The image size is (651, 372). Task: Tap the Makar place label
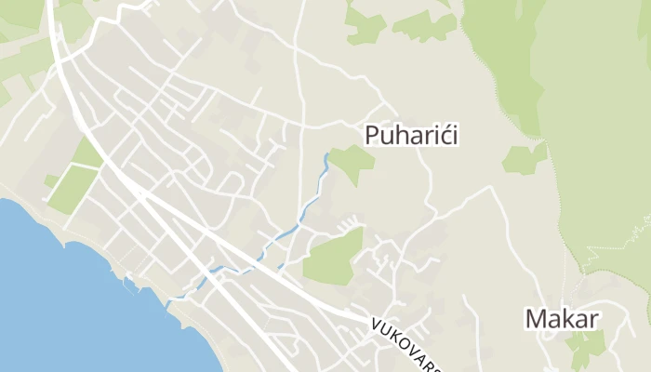pos(562,319)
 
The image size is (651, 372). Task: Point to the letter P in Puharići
pos(372,136)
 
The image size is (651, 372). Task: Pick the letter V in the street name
pos(378,325)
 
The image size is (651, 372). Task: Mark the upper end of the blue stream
pos(327,154)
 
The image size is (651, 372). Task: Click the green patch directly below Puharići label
pos(352,164)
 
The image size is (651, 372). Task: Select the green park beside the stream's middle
pos(333,257)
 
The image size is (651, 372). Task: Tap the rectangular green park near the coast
pos(73,188)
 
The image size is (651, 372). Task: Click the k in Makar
pos(572,319)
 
